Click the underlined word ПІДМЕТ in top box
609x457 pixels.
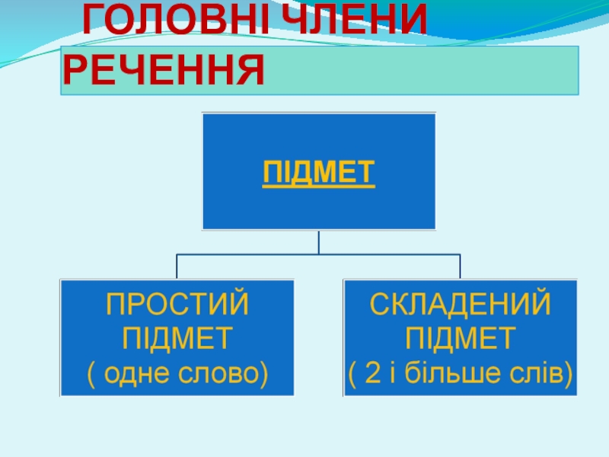pyautogui.click(x=319, y=173)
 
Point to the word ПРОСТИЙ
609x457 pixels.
pyautogui.click(x=177, y=305)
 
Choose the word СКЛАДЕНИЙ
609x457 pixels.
pyautogui.click(x=461, y=305)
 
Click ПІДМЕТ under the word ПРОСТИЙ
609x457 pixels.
pyautogui.click(x=177, y=339)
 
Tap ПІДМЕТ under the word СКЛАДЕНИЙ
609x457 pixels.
pyautogui.click(x=461, y=339)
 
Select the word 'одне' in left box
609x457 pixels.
pyautogui.click(x=136, y=373)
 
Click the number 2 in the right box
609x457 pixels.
pyautogui.click(x=373, y=373)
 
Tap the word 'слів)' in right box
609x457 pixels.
pyautogui.click(x=540, y=373)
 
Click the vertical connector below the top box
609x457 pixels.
pyautogui.click(x=319, y=242)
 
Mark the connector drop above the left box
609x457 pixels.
pyautogui.click(x=177, y=267)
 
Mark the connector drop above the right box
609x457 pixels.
pyautogui.click(x=461, y=267)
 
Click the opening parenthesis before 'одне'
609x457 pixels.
pyautogui.click(x=94, y=374)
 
